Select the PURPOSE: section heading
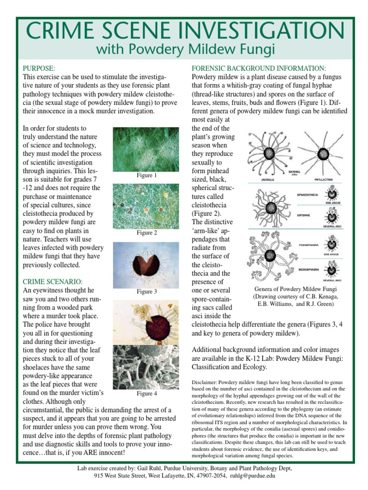tap(39, 68)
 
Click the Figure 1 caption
tap(147, 176)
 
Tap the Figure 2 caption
tap(147, 233)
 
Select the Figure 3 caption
tap(147, 291)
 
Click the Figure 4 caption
tap(147, 394)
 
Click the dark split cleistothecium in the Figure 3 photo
tap(146, 264)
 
